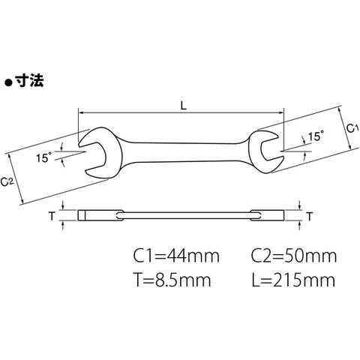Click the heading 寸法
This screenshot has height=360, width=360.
click(29, 81)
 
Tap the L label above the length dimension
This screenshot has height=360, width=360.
click(184, 106)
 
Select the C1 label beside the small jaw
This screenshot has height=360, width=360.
click(352, 128)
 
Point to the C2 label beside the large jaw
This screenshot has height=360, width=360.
click(7, 181)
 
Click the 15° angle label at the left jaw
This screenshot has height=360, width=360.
click(44, 157)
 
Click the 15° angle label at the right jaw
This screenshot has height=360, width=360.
click(316, 136)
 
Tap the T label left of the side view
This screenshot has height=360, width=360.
click(52, 216)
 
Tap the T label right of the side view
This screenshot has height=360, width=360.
click(310, 217)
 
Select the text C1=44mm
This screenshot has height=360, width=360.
click(176, 256)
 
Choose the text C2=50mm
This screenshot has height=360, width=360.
click(294, 256)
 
